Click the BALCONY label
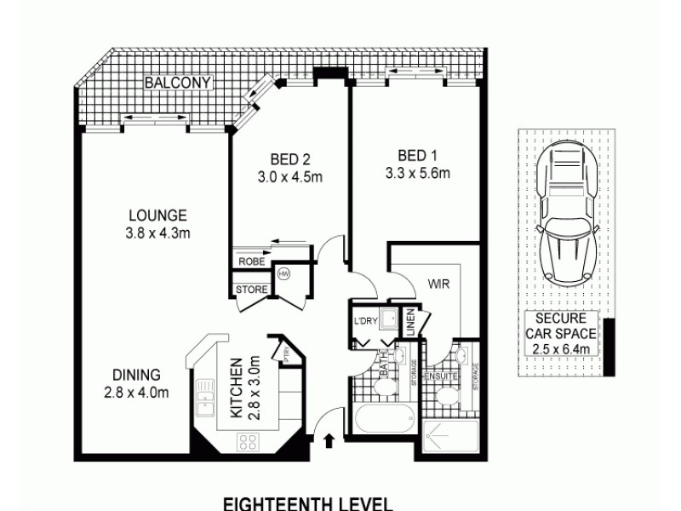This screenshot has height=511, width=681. coord(177,83)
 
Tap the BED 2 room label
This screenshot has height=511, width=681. coord(289,159)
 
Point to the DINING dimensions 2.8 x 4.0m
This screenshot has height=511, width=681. coord(136,393)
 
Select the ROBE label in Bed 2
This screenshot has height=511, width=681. coord(251,261)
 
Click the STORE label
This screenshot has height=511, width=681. coord(252,290)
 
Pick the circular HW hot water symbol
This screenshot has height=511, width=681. coord(284,274)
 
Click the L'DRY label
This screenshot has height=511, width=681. coord(365,321)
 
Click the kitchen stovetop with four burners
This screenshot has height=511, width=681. coord(248,441)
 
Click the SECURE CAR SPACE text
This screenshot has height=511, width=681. coord(561,333)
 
